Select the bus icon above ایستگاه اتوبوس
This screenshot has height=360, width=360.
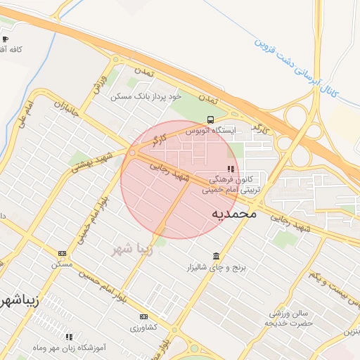click(211, 120)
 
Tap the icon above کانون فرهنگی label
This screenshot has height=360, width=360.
click(231, 169)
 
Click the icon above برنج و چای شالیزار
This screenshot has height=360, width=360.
click(215, 256)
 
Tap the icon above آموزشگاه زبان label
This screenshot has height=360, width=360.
click(69, 336)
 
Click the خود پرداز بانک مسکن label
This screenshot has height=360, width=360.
click(146, 96)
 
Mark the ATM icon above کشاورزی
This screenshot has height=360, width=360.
click(144, 317)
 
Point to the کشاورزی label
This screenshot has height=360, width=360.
click(144, 328)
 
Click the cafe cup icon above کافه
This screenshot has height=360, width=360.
click(6, 39)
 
